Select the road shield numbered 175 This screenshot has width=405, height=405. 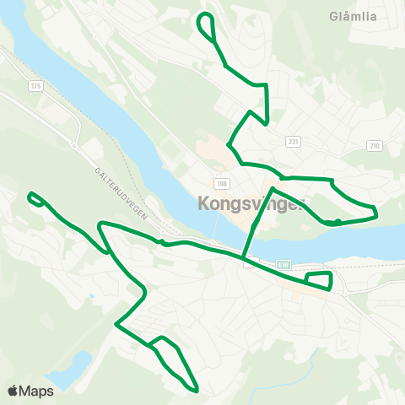pos(35,86)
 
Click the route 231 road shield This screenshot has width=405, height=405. pos(293,142)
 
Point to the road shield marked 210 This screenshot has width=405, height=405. pos(375,146)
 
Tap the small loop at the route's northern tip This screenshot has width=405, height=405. pos(206,25)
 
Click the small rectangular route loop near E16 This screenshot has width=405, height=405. pos(319,279)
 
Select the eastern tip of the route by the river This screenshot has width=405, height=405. pos(375,212)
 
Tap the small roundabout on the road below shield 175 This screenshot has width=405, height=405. pos(74,145)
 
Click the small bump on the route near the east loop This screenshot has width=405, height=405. pos(337,221)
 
